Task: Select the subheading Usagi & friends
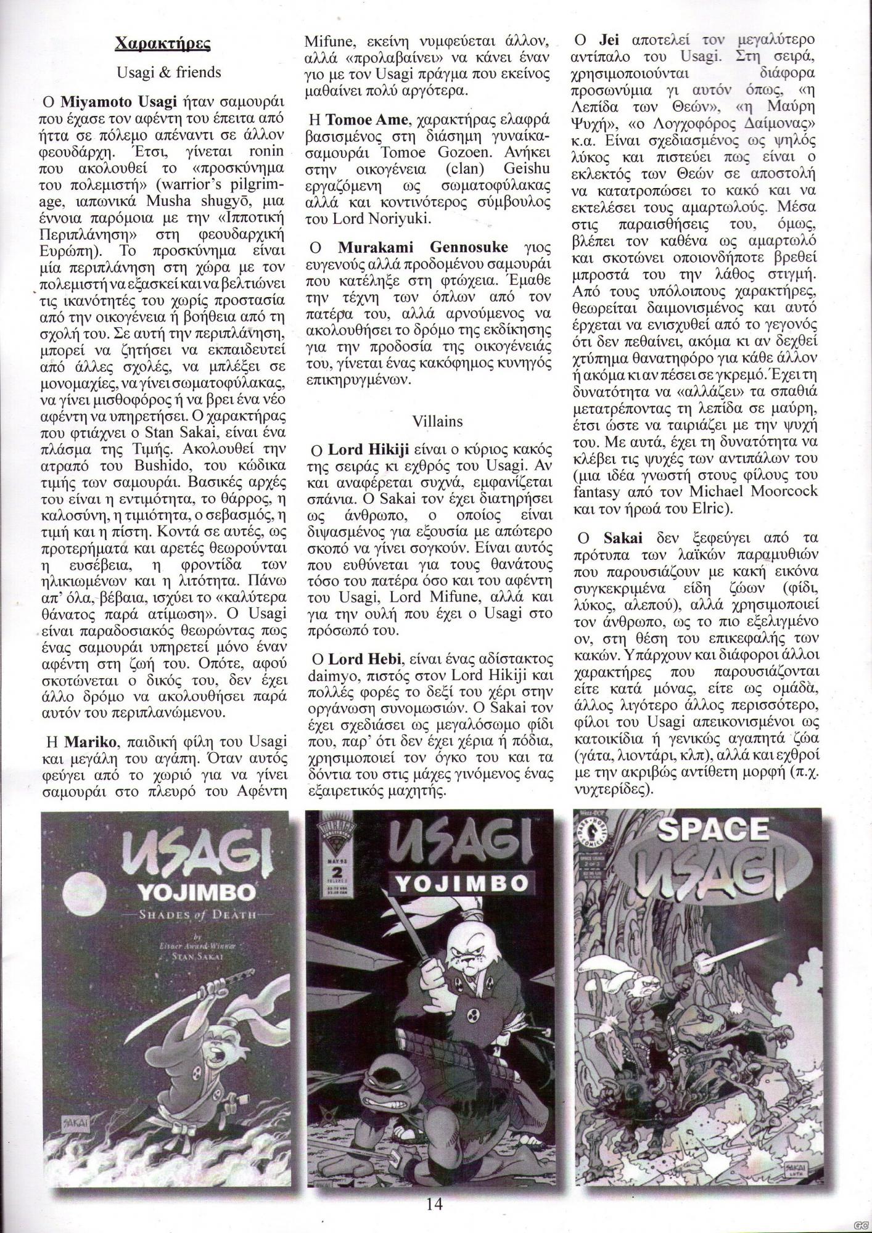click(168, 72)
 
